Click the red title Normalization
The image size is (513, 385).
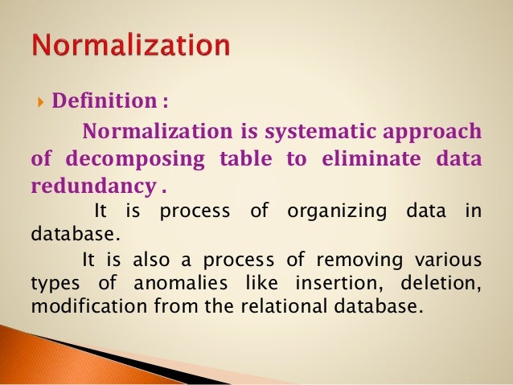[x=130, y=45]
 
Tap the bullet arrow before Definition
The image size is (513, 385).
[x=41, y=102]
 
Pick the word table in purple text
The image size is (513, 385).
[x=246, y=159]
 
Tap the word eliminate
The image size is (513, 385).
[x=361, y=159]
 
